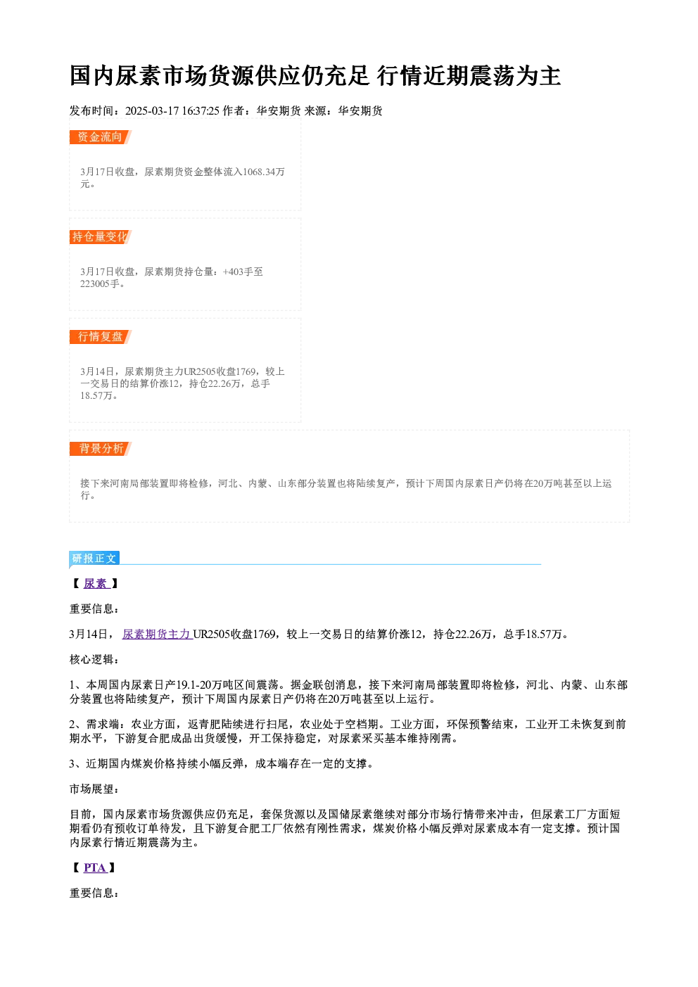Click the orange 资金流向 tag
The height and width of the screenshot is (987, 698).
click(x=101, y=137)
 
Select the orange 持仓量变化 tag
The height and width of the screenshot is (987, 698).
click(x=101, y=236)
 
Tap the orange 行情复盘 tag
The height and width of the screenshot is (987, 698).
click(x=101, y=337)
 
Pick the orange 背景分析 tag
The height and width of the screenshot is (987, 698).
click(x=101, y=449)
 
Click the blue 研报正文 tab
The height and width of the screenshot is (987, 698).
click(x=94, y=559)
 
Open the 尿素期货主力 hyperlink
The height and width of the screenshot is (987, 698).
click(x=158, y=634)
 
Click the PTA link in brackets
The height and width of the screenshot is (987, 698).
click(x=95, y=867)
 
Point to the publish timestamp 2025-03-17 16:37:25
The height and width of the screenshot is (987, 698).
click(x=172, y=110)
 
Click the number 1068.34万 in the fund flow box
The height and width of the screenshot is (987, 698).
click(x=264, y=172)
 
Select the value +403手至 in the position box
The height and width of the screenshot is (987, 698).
click(x=243, y=272)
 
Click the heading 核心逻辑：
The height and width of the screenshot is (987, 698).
click(x=94, y=660)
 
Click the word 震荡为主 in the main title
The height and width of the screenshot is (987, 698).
click(x=514, y=76)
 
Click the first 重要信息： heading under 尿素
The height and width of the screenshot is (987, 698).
click(x=94, y=609)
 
